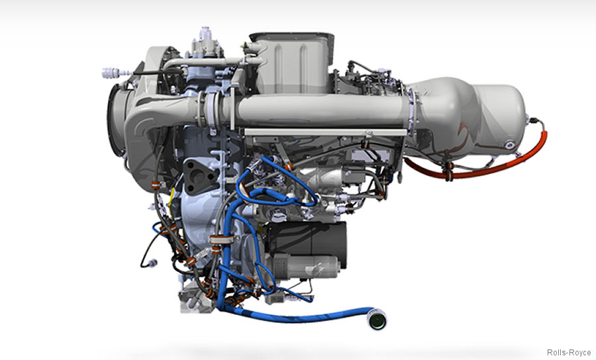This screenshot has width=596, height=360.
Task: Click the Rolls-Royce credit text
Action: [x=569, y=353]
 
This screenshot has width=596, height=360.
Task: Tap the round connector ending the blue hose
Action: [x=377, y=320]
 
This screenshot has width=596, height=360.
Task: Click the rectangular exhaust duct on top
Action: [x=291, y=63]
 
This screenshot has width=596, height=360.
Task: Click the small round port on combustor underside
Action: [x=509, y=144]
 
